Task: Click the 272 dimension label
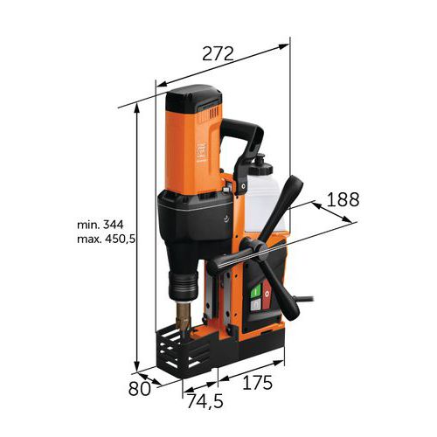click(x=218, y=53)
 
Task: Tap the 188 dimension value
click(x=343, y=199)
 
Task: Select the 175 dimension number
click(x=258, y=383)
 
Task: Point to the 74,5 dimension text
click(x=205, y=401)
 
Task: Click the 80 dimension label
click(x=140, y=388)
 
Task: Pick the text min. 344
click(x=101, y=225)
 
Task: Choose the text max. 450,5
click(x=107, y=239)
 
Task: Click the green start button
click(x=255, y=292)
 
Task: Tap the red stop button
click(x=267, y=295)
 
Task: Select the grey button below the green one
click(x=255, y=305)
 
